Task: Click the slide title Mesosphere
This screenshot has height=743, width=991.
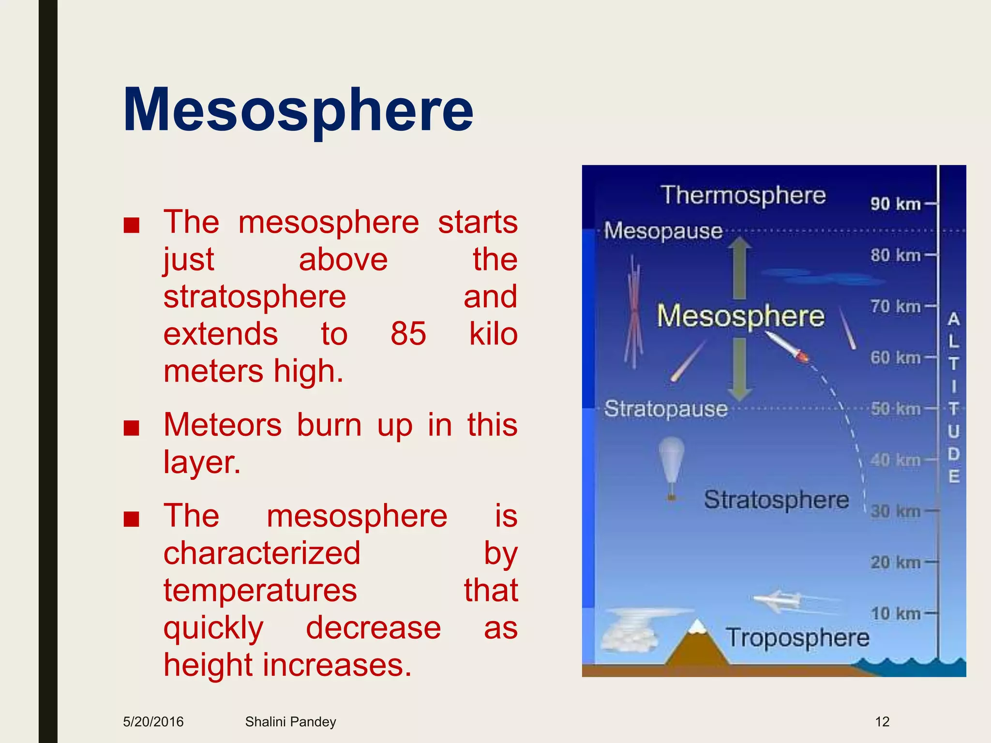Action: (x=298, y=110)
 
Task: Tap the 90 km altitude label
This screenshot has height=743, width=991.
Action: (x=895, y=204)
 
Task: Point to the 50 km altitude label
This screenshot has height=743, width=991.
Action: (x=895, y=409)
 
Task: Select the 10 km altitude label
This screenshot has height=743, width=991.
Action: (x=895, y=614)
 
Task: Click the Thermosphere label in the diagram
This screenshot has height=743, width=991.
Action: (x=743, y=195)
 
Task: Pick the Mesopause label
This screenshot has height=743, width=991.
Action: (x=663, y=231)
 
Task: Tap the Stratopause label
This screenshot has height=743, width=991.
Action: (x=666, y=409)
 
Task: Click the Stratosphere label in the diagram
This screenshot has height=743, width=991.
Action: (x=776, y=500)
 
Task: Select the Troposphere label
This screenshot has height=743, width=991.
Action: (x=797, y=638)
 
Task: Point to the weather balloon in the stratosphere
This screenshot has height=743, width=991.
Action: (x=672, y=464)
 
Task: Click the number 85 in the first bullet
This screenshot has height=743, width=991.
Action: (x=408, y=334)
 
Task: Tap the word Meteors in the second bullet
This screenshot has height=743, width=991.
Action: (x=223, y=425)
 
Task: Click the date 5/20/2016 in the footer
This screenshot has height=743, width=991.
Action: (x=153, y=722)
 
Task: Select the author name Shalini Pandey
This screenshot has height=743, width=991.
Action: (x=290, y=722)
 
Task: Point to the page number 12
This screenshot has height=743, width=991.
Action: (x=882, y=722)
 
